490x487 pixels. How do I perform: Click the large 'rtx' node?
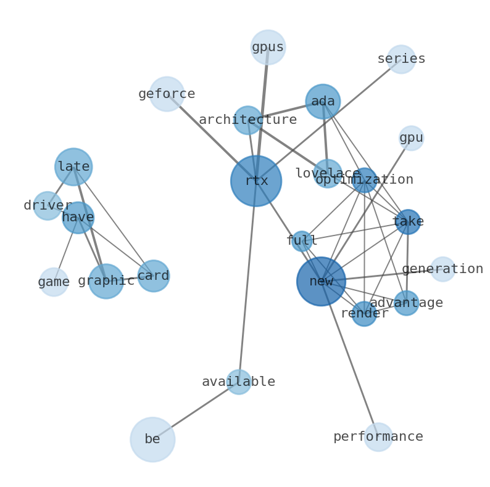point(256,181)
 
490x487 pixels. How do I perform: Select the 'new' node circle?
point(321,281)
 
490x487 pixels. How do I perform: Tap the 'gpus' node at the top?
point(268,47)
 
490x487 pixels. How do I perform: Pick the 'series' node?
point(401,59)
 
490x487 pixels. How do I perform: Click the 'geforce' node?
point(167,94)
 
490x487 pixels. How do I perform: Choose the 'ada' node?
point(323,101)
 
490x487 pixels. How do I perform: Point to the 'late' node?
point(73,166)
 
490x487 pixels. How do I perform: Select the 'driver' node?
point(48,206)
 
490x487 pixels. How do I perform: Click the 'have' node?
point(78,218)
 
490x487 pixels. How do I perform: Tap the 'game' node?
point(54,282)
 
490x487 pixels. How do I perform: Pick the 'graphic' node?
point(106,281)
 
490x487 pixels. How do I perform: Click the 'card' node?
point(153,276)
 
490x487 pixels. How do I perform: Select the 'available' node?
point(238,382)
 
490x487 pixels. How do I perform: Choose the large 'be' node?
point(152,440)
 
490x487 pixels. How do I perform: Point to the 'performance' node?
point(378,437)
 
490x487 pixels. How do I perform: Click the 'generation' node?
point(442,269)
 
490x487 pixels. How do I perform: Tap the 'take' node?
point(408,222)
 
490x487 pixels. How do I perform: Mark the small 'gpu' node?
point(411,138)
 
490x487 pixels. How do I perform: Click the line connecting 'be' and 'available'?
point(196,411)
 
